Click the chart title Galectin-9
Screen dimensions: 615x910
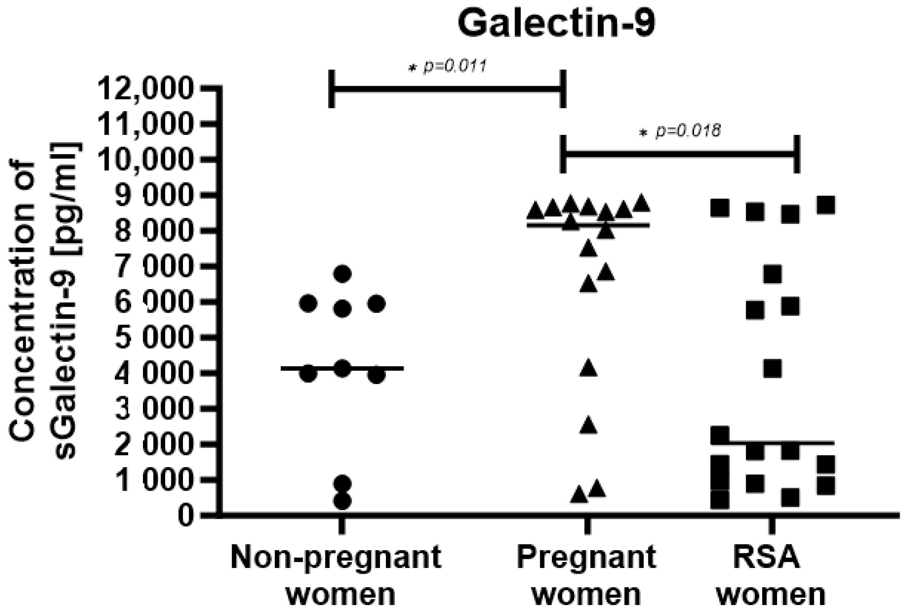556,24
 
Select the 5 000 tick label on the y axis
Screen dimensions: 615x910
152,338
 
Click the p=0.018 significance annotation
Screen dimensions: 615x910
681,130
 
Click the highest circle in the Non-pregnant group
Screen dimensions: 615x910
342,274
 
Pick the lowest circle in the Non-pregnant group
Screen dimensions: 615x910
342,501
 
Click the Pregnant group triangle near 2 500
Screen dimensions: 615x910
589,426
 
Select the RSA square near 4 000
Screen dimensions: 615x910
773,369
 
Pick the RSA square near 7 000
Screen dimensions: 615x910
773,275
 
